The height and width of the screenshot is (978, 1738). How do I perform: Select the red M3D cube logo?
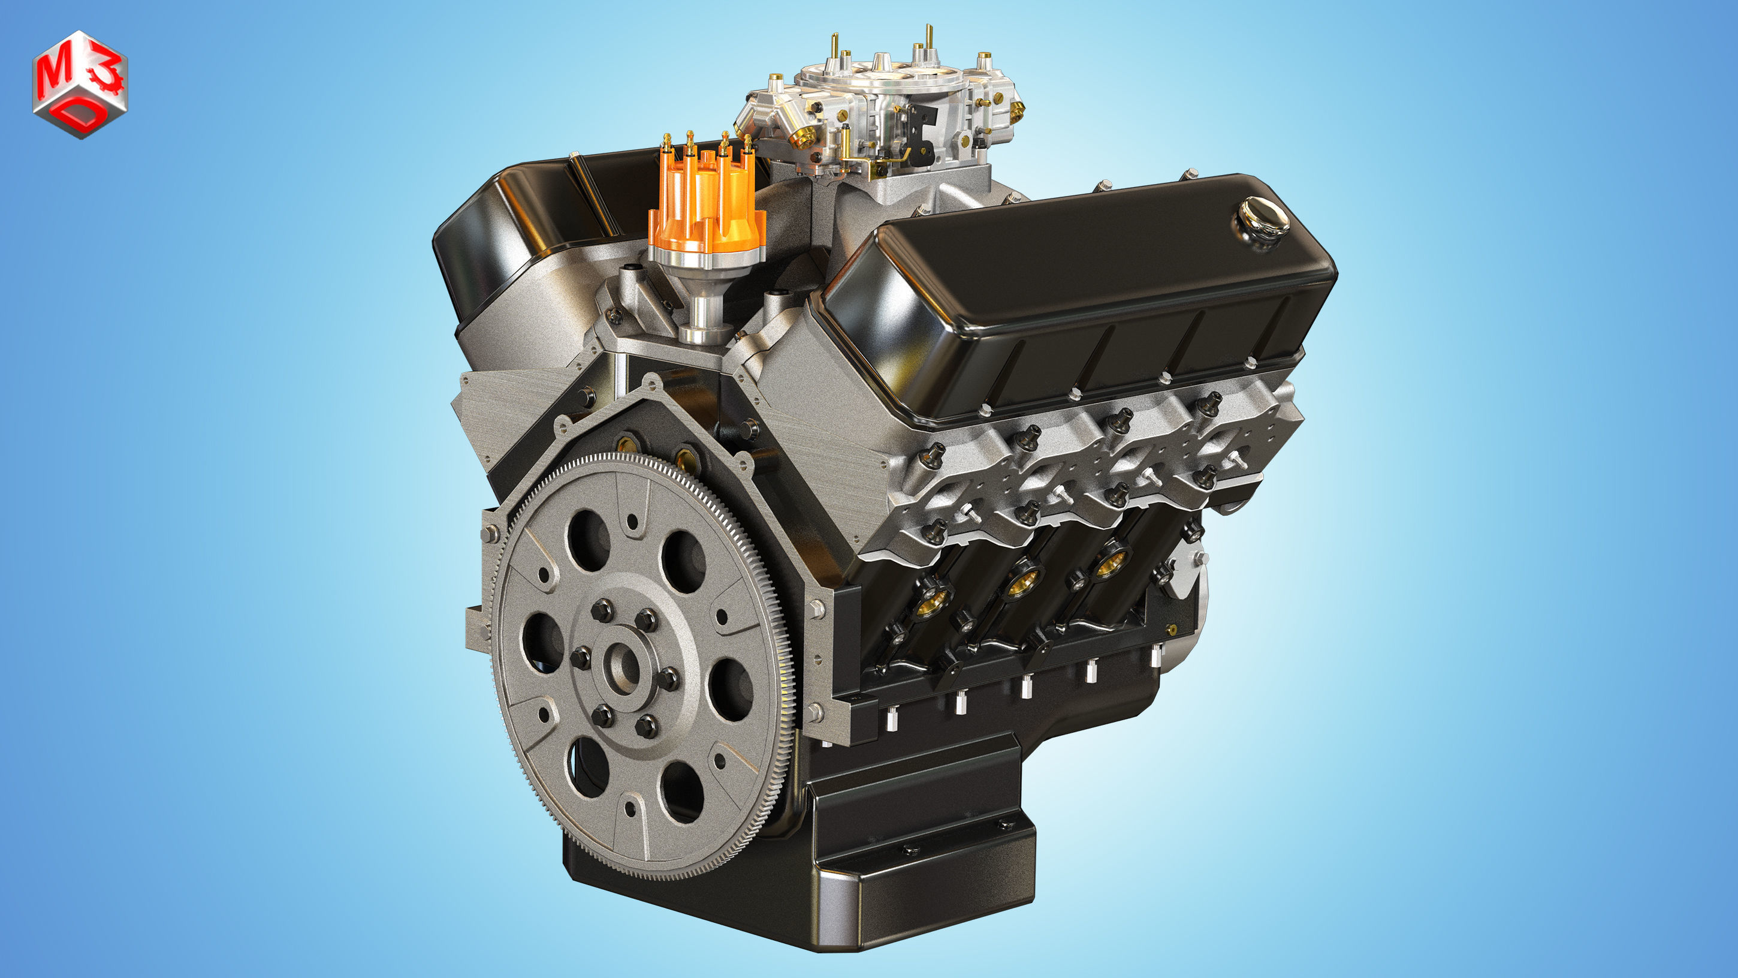[x=80, y=85]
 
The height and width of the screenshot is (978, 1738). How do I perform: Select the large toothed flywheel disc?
[x=641, y=668]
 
